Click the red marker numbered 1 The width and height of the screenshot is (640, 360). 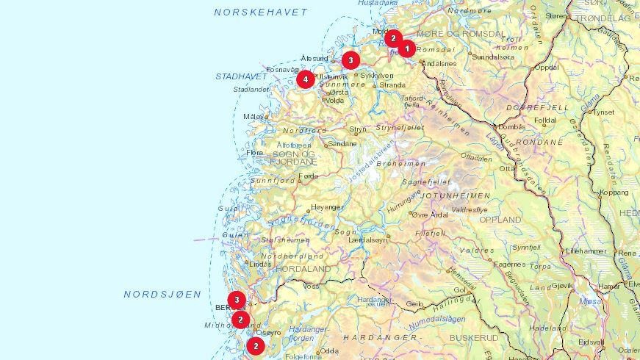tap(407, 48)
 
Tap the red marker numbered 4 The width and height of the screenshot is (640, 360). tap(305, 79)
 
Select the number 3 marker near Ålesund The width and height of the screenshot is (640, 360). tap(350, 60)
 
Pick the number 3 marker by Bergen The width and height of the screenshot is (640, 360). tap(236, 300)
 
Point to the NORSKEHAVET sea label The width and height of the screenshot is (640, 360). tap(261, 12)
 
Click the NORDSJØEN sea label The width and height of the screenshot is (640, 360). tap(162, 294)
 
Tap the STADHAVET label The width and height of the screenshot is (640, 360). tap(242, 76)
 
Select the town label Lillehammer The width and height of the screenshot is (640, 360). tap(586, 251)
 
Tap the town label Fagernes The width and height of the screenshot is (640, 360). tap(509, 264)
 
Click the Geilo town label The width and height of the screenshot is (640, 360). tap(415, 303)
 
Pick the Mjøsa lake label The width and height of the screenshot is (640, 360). tap(590, 300)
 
